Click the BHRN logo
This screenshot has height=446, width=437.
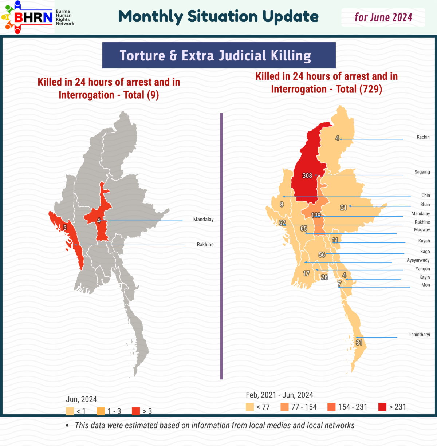point(28,17)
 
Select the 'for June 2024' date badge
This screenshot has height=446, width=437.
point(383,17)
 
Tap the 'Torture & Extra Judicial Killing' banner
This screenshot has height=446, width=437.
point(219,55)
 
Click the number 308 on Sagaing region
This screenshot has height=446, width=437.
point(307,175)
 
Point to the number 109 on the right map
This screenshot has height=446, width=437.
point(316,215)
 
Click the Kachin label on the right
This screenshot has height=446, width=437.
point(423,137)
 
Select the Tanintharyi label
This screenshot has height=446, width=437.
point(419,335)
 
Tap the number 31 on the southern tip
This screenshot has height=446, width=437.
point(359,343)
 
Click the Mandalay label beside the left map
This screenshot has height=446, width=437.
point(203,220)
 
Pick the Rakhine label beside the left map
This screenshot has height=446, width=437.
point(205,245)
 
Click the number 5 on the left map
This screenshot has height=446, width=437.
point(65,228)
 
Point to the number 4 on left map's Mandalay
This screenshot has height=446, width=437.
point(98,221)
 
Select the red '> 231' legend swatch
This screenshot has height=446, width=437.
point(382,407)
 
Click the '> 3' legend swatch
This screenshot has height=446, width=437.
point(135,411)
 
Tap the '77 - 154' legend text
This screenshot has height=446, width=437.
point(304,407)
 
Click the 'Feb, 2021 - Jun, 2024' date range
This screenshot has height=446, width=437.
point(279,395)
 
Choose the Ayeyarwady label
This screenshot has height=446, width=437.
point(418,260)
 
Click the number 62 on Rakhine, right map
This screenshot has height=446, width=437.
point(282,222)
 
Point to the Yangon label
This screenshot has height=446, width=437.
point(422,269)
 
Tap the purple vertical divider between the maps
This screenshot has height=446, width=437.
point(221,246)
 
